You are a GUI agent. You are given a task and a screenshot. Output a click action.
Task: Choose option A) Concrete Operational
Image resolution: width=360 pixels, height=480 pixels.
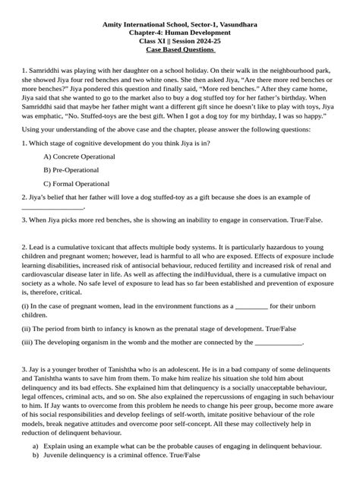click(x=84, y=156)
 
